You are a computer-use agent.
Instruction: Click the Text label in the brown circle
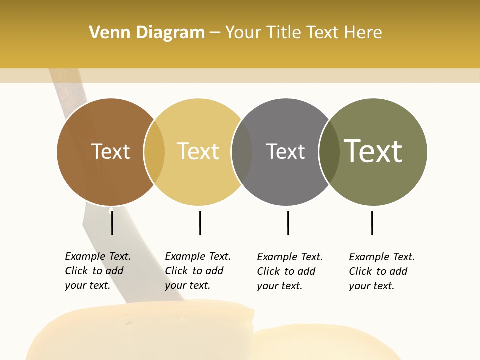[110, 151]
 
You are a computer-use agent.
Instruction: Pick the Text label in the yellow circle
[198, 151]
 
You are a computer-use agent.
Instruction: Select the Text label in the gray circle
[285, 151]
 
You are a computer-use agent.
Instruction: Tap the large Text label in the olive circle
[373, 151]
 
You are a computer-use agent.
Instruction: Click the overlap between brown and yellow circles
[154, 152]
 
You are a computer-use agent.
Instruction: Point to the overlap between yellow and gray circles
[242, 152]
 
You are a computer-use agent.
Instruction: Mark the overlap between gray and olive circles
[329, 152]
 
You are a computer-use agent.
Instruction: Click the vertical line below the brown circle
[112, 223]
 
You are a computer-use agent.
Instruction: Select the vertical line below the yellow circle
[200, 223]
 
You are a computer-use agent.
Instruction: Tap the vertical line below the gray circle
[288, 223]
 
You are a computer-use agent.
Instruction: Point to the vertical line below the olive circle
[372, 223]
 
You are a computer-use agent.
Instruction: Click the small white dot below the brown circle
[111, 210]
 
